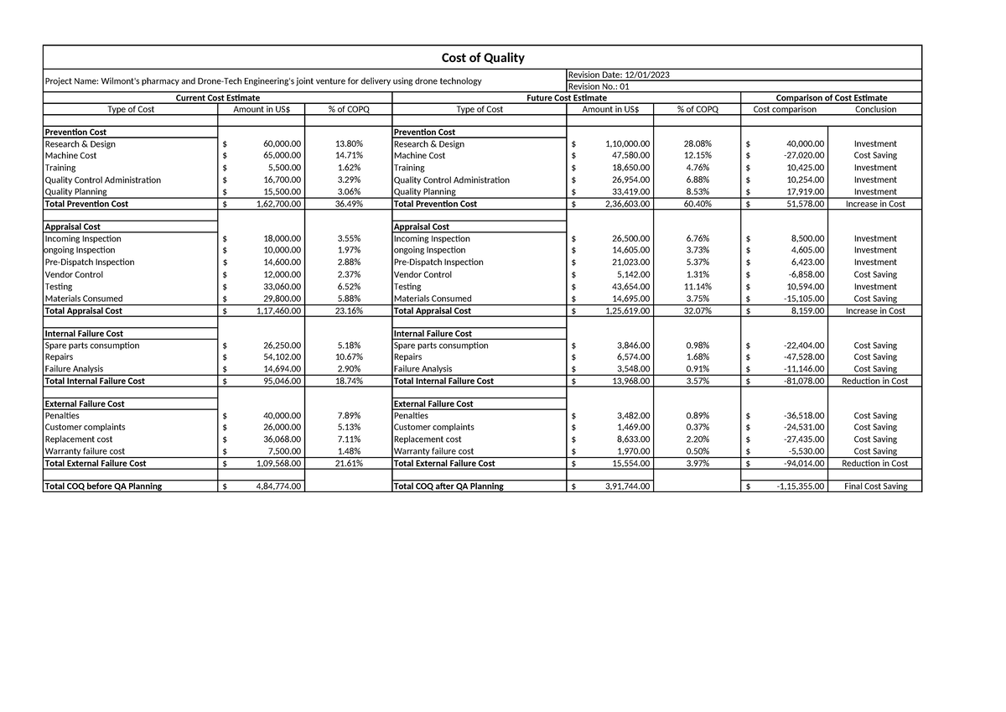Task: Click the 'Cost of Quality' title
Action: click(x=482, y=57)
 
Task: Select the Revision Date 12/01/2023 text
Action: click(x=619, y=75)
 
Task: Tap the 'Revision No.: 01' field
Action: click(x=599, y=86)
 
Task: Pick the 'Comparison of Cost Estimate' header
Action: click(x=831, y=98)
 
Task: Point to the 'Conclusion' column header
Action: click(x=875, y=109)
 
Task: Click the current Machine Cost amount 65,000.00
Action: click(x=281, y=155)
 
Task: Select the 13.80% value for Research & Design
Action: click(x=349, y=143)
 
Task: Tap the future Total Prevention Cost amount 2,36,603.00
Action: click(x=622, y=204)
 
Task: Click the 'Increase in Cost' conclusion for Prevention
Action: click(x=875, y=204)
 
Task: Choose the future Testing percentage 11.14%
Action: click(x=697, y=287)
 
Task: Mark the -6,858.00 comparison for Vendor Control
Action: click(x=801, y=274)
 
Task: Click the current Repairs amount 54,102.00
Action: click(x=281, y=357)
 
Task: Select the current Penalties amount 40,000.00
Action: click(x=281, y=416)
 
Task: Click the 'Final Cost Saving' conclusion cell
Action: click(x=875, y=486)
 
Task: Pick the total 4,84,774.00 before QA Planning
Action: click(x=278, y=486)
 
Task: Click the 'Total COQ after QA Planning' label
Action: click(x=449, y=486)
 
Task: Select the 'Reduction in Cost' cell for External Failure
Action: click(x=874, y=463)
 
